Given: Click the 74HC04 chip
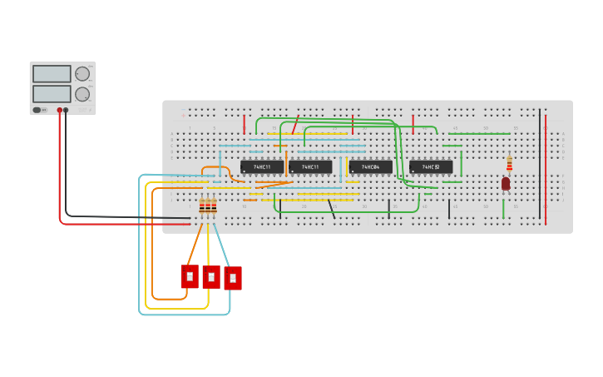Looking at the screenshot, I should tap(370, 167).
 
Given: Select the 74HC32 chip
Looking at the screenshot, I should tap(431, 167).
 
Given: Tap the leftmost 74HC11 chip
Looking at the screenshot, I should tap(262, 167).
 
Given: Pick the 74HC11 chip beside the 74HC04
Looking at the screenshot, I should tap(310, 167).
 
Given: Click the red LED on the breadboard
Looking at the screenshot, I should tap(506, 183).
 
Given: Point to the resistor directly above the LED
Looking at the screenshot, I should tap(509, 164).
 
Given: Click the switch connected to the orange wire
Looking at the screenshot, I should tap(190, 276).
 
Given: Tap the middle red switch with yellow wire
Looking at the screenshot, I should tap(211, 277).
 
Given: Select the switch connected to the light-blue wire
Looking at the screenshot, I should tap(233, 278).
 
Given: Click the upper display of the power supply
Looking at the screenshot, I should tap(52, 74).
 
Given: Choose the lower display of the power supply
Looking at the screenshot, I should tap(52, 93).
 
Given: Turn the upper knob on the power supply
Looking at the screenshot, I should tap(82, 74).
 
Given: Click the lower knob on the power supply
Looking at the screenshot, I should tap(82, 94).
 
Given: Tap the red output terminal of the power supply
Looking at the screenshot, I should tap(60, 110).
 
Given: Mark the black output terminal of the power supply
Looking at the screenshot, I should tap(66, 110).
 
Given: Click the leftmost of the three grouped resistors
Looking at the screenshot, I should tap(202, 206).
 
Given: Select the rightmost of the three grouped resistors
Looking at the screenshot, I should tap(214, 206).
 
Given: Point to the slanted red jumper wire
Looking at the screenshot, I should tap(294, 125).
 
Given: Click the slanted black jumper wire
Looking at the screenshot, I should tap(331, 209).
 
